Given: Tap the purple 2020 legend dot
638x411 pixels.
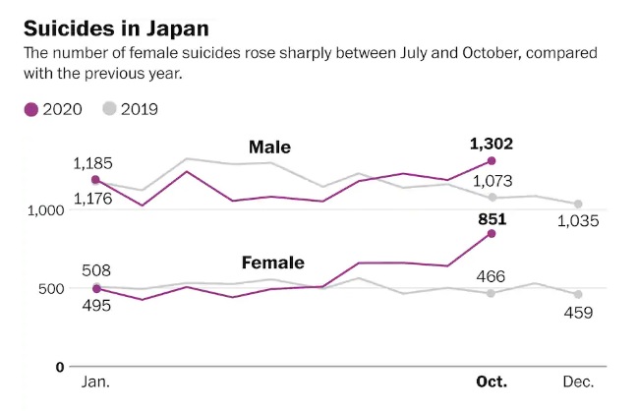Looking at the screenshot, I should point(32,109).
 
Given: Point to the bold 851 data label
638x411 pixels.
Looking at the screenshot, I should point(492,219).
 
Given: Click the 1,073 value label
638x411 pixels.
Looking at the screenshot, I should point(494,180).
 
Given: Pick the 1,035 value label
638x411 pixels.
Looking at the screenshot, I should point(578,220).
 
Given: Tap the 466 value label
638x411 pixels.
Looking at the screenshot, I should point(492,276).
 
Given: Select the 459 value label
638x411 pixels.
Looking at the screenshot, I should point(578,313).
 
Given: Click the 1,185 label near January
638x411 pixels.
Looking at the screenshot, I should point(94,162).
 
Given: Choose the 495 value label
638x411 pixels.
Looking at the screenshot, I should point(94,305).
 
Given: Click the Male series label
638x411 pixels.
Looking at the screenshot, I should point(268,147).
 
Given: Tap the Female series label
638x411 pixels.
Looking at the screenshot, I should point(272,263).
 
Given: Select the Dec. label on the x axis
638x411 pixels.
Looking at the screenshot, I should point(578,382).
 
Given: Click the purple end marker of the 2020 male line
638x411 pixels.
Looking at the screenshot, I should point(492,160).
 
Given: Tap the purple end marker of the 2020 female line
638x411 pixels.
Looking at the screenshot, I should point(492,233).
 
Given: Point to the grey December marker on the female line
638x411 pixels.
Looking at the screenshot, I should point(578,294).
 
